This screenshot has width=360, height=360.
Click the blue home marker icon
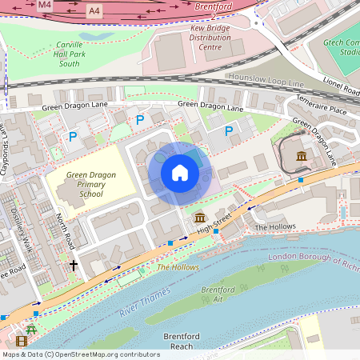click(x=180, y=171)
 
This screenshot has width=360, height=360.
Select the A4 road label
click(x=95, y=10)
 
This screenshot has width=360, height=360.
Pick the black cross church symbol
click(x=74, y=265)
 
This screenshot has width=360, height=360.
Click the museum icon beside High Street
click(x=198, y=218)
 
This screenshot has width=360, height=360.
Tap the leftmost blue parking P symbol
click(x=74, y=137)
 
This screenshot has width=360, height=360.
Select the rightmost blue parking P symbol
click(x=229, y=130)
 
